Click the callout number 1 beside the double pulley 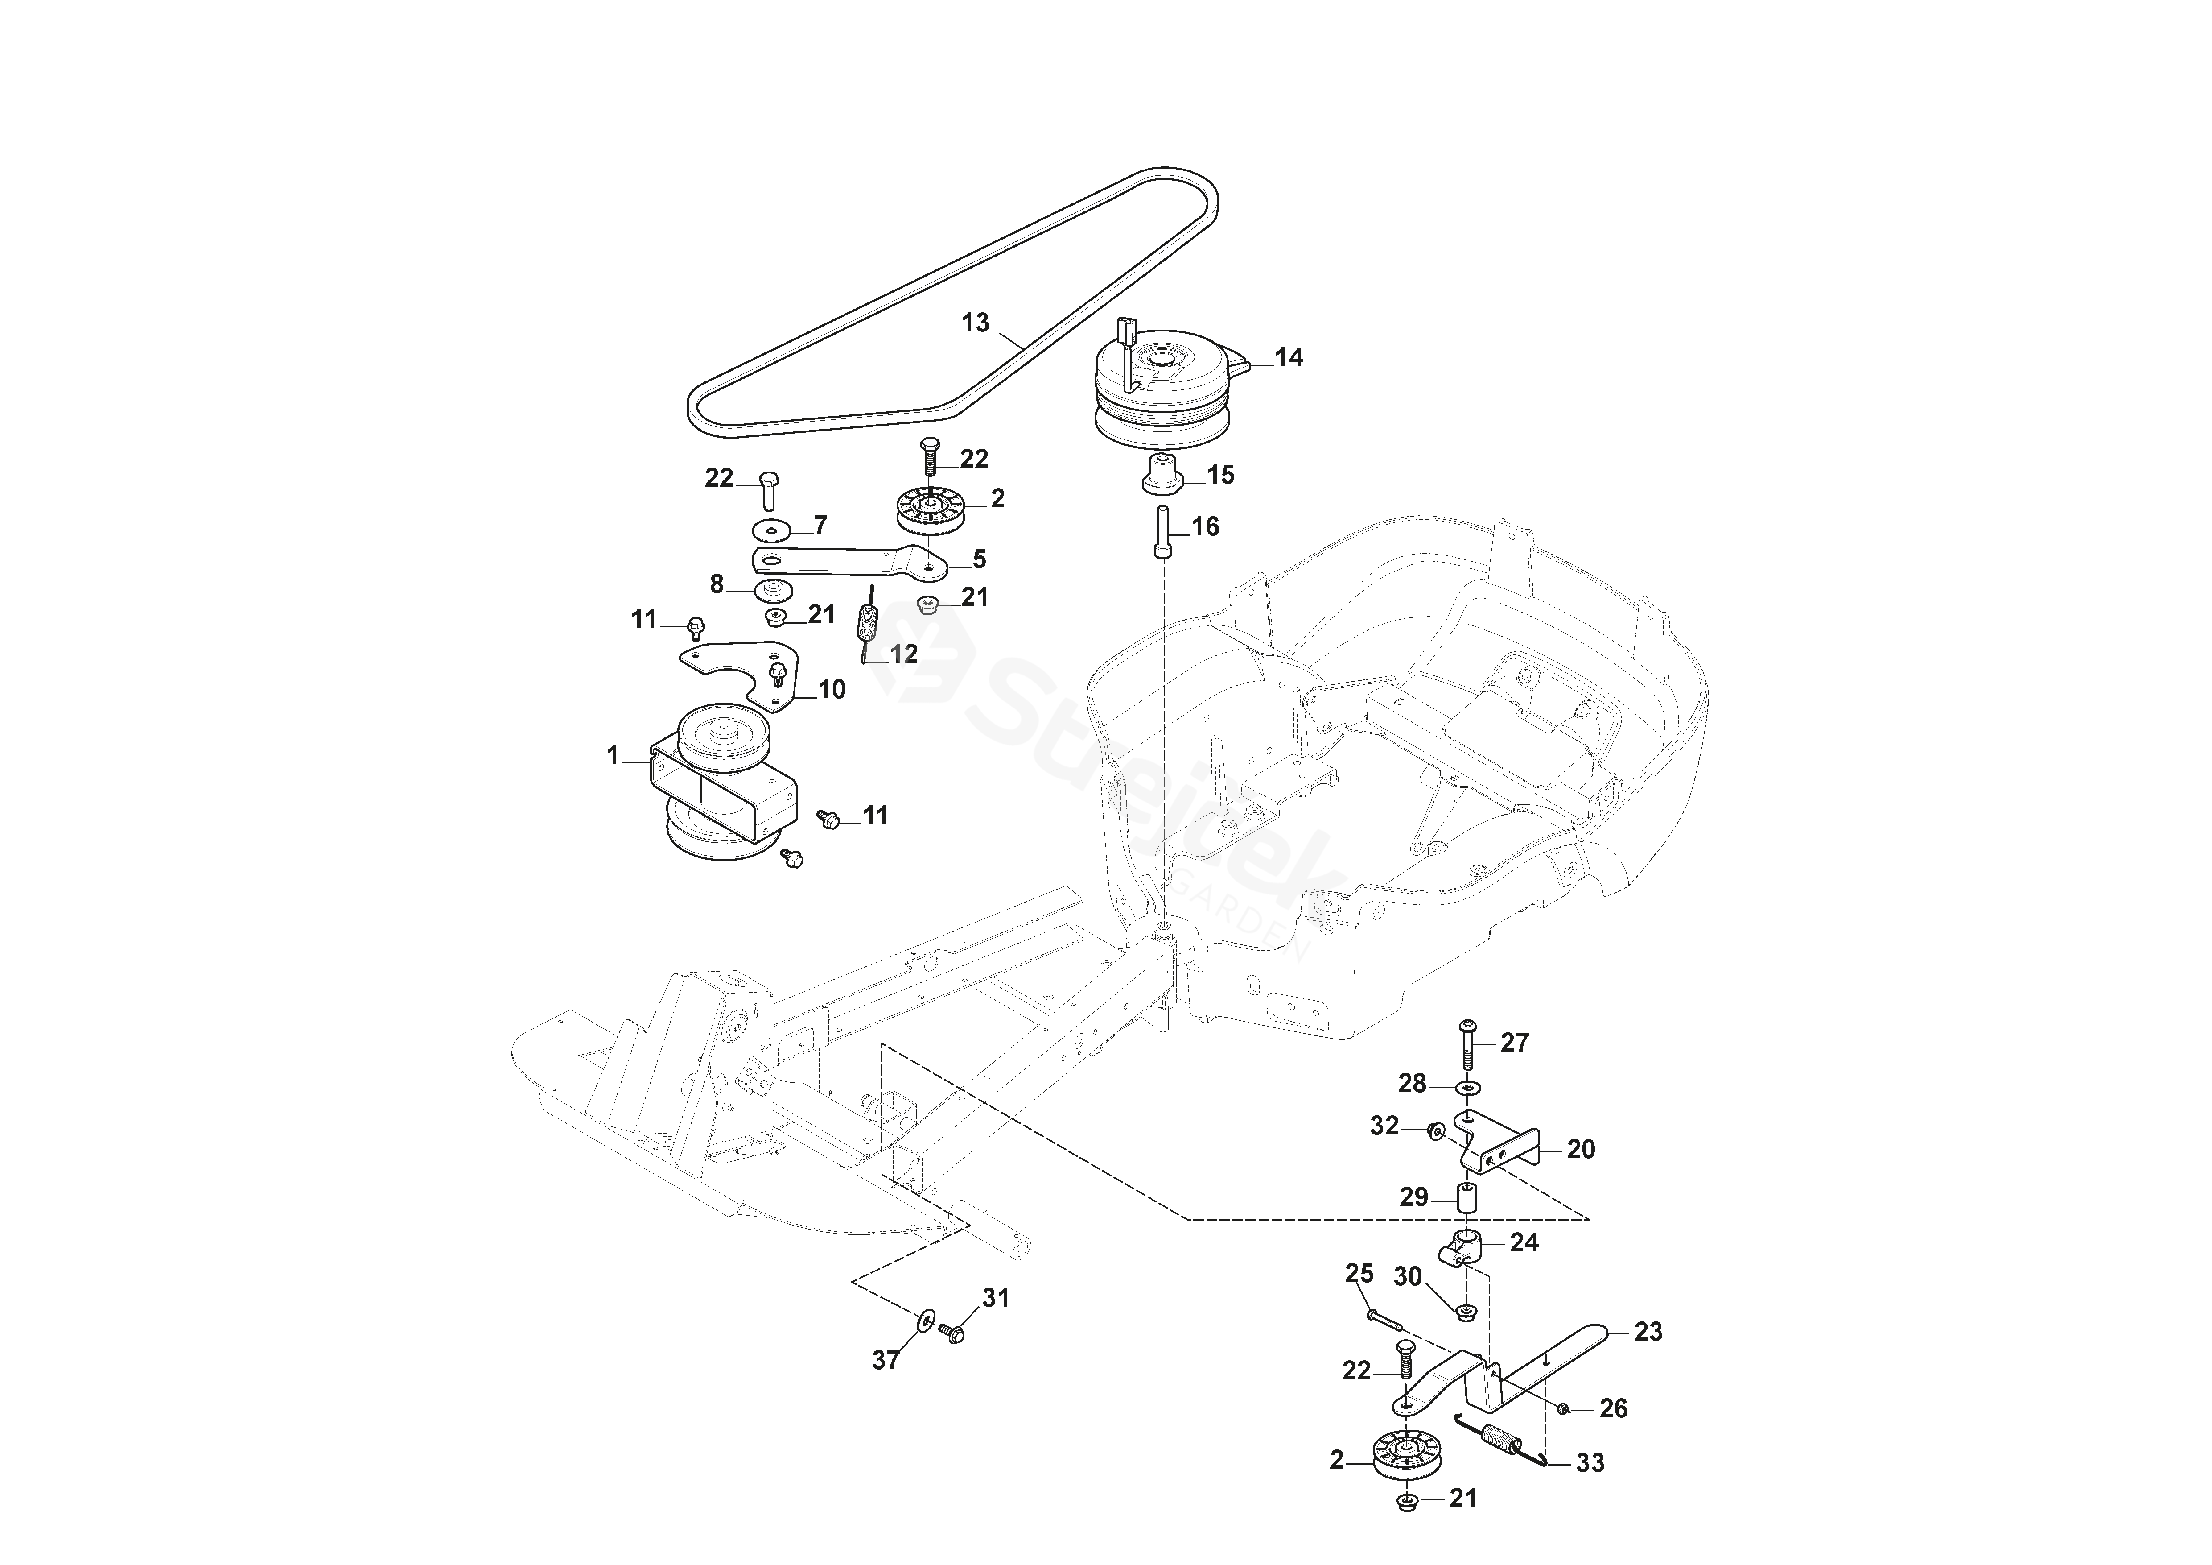pyautogui.click(x=613, y=756)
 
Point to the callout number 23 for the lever pyautogui.click(x=1648, y=1332)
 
